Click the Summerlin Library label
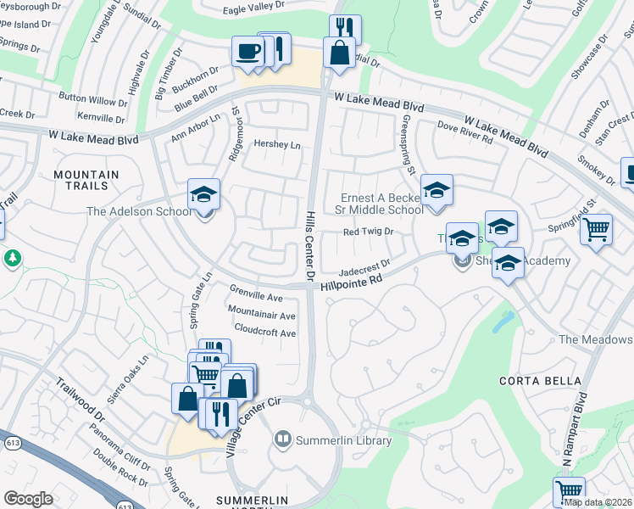342,440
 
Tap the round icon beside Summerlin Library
282,439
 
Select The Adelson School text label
140,211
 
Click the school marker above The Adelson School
203,195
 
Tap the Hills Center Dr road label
310,246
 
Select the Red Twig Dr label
369,231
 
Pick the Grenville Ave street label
256,298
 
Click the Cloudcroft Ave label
264,333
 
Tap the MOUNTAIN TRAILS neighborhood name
86,180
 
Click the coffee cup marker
247,50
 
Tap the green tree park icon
13,256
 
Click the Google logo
28,499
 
